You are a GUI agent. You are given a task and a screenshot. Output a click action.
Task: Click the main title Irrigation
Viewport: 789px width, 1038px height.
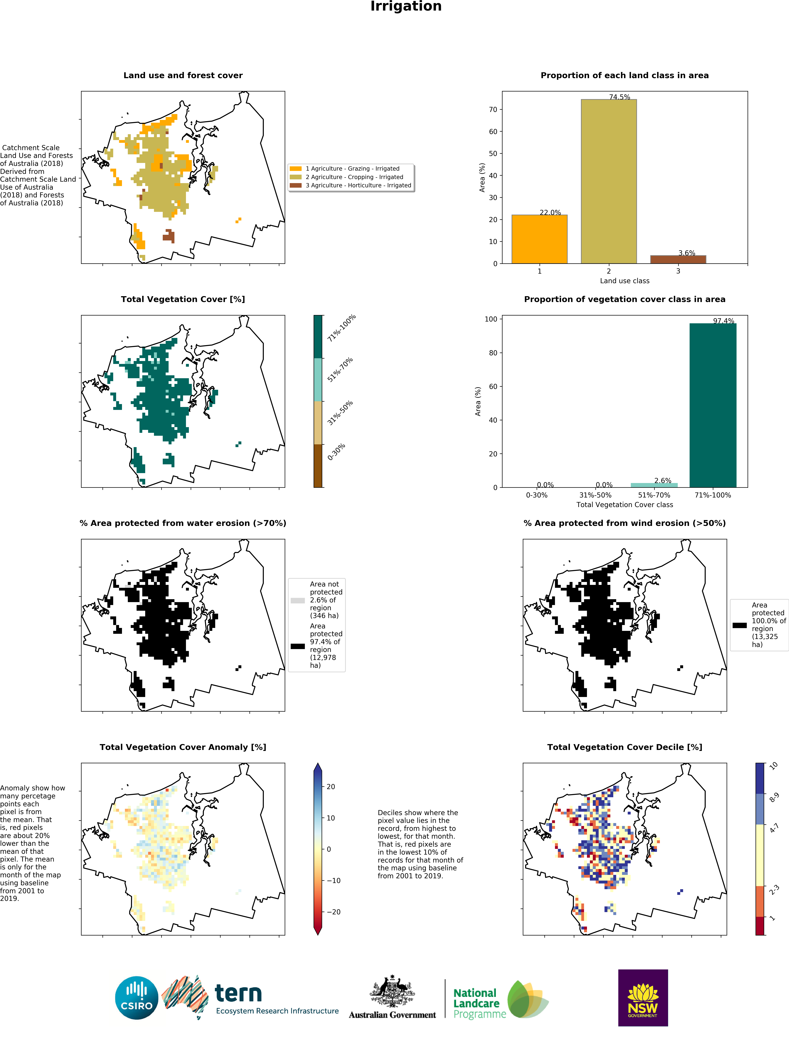(406, 6)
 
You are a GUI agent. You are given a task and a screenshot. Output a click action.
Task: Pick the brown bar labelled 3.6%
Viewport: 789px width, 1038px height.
(678, 259)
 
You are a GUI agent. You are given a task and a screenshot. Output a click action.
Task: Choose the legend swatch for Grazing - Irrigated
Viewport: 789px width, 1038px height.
(295, 169)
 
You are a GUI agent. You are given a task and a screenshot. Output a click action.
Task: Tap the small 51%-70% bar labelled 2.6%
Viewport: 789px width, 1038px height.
(654, 485)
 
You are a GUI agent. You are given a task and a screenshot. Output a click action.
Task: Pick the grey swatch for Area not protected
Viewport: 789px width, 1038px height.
(298, 600)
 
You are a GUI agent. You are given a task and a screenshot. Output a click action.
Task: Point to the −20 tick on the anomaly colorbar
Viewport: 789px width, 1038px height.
(333, 912)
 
